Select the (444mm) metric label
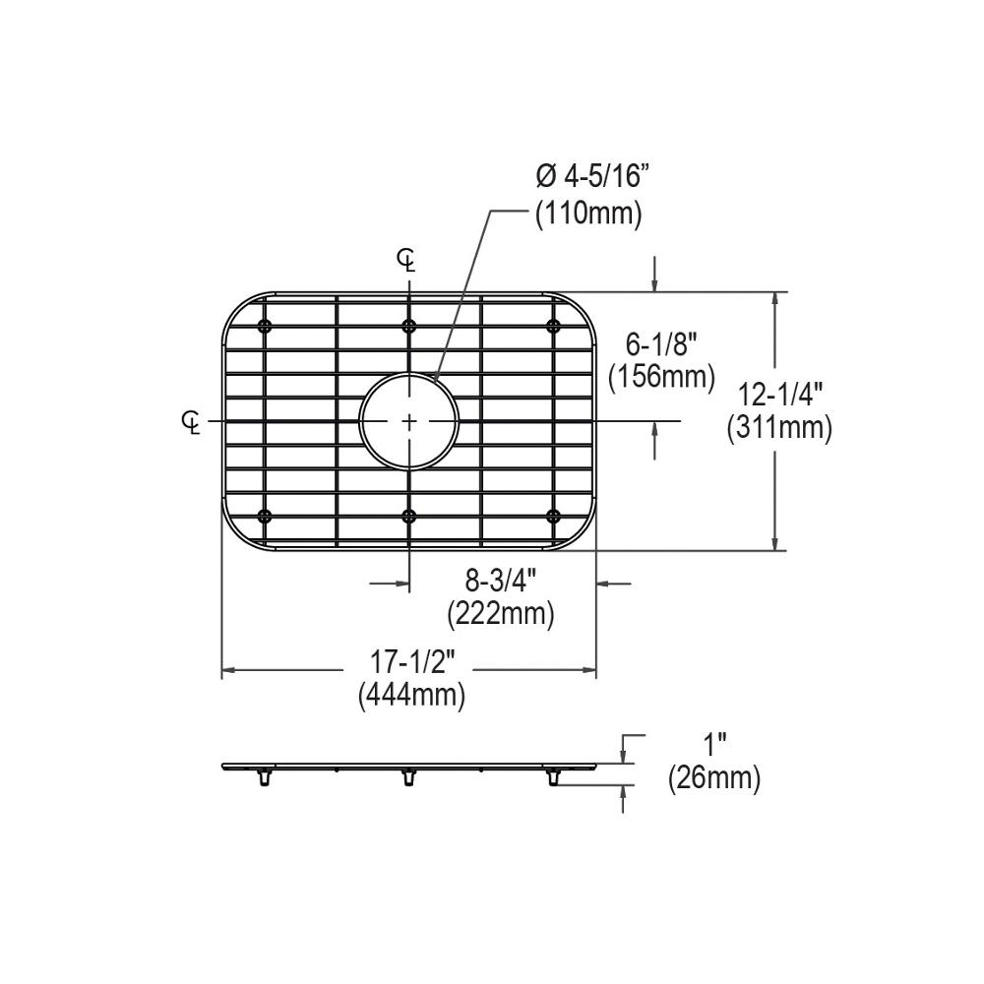click(411, 696)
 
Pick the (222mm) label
click(501, 615)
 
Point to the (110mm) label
click(588, 214)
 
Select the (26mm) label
click(714, 779)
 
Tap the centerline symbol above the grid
click(406, 261)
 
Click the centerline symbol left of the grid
click(192, 421)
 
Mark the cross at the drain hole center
click(409, 421)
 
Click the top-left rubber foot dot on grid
click(264, 326)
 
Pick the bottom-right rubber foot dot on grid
click(553, 516)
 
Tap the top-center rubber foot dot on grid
click(409, 326)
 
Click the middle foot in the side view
click(406, 778)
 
